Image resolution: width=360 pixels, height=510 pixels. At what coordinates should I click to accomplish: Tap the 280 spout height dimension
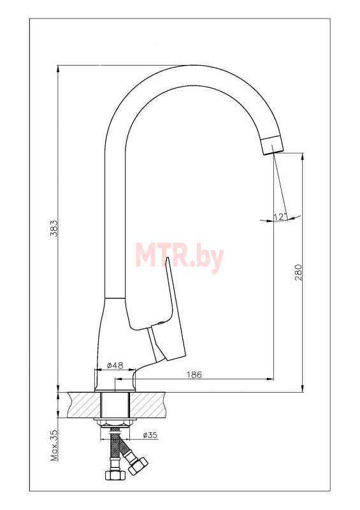click(298, 273)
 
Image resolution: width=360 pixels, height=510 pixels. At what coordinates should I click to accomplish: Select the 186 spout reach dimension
click(194, 374)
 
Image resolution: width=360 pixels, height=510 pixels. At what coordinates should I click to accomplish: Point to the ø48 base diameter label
click(115, 365)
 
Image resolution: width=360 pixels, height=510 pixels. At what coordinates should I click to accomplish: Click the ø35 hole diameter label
click(150, 435)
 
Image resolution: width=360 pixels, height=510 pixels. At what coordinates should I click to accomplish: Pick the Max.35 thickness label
click(54, 445)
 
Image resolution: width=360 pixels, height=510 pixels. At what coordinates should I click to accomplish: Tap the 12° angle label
click(280, 217)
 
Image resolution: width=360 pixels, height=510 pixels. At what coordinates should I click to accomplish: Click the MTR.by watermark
click(180, 256)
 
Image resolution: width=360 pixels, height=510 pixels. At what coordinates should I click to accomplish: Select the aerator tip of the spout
click(273, 145)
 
